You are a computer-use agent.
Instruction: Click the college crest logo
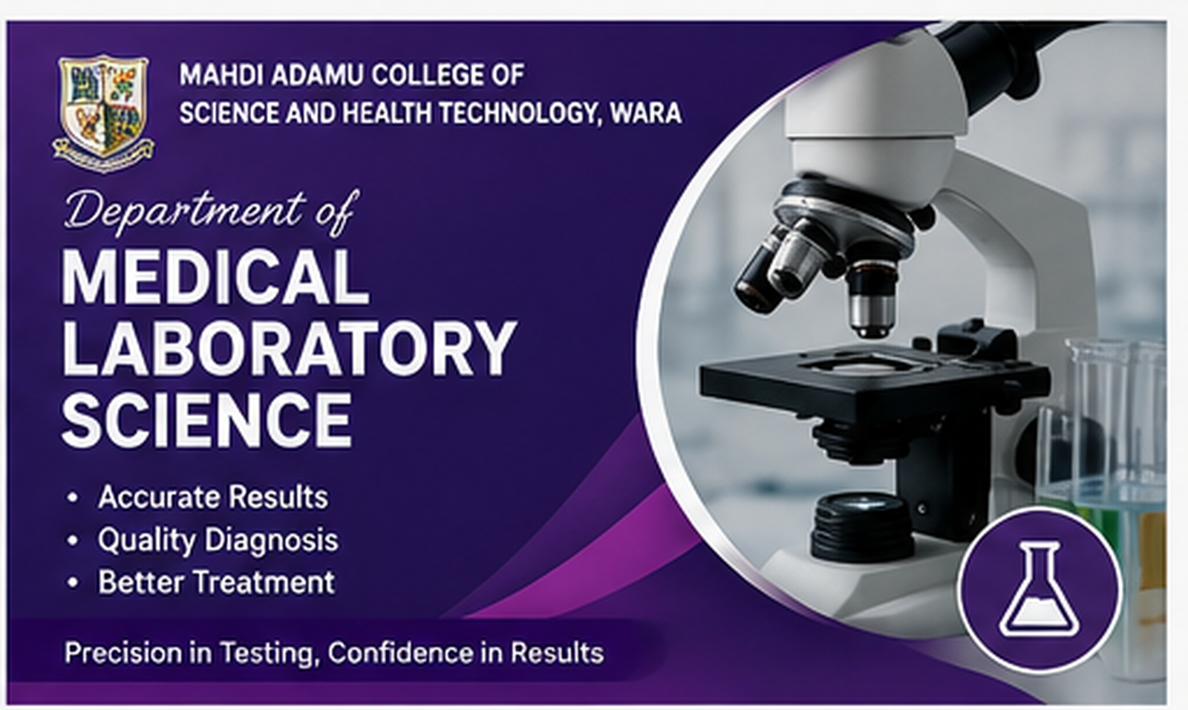103,113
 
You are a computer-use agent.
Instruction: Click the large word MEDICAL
215,277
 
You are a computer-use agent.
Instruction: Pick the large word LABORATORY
289,348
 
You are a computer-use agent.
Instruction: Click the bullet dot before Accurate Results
73,498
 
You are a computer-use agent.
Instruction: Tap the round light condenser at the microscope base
863,525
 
